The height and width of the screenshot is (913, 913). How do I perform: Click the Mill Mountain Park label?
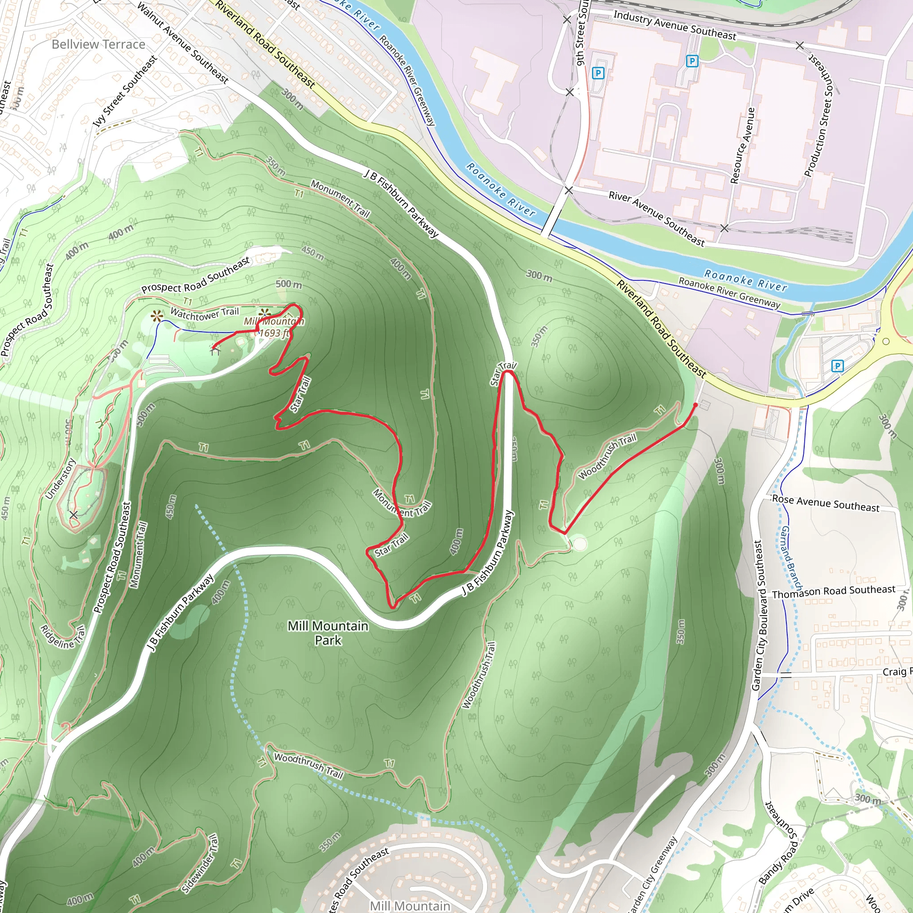click(328, 633)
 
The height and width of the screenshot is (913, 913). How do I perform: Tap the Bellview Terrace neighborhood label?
click(98, 45)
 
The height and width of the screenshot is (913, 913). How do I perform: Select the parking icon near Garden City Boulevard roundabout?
click(837, 366)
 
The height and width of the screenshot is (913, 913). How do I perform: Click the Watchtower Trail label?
click(205, 313)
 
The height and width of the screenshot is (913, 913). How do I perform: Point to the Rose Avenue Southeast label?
click(826, 503)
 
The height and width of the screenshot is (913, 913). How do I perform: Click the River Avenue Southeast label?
click(656, 218)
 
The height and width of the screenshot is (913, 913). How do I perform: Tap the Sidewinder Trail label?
click(200, 864)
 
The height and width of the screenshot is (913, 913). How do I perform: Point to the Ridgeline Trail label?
click(63, 637)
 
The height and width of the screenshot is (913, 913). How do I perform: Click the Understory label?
click(60, 479)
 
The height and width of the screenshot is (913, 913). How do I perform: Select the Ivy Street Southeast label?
click(126, 91)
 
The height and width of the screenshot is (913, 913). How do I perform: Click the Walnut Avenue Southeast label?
click(183, 43)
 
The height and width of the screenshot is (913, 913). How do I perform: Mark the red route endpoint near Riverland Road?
click(695, 405)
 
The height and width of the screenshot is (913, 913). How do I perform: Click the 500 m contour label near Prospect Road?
click(288, 284)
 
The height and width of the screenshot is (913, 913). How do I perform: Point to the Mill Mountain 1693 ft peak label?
click(274, 327)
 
